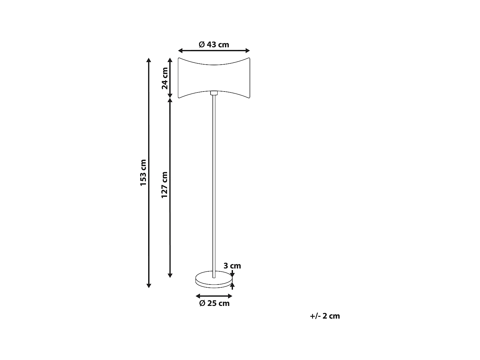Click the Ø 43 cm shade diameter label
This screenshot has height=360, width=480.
[214, 44]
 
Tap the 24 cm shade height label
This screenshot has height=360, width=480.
[165, 78]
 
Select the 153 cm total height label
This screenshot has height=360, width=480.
[143, 172]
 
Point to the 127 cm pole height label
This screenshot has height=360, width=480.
[164, 185]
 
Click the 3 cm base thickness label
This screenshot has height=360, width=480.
[232, 266]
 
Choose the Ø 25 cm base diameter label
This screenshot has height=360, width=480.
[214, 303]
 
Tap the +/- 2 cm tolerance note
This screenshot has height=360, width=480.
[325, 316]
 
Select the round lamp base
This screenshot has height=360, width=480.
[214, 279]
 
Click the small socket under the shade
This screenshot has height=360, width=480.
[214, 93]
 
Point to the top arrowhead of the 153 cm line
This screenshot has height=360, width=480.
[148, 60]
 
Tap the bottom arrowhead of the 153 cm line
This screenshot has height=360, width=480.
[148, 285]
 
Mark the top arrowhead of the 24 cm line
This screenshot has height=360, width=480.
[170, 60]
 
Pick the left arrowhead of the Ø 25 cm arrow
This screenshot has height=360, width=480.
[197, 296]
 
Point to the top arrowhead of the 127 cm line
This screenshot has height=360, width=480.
[170, 100]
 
